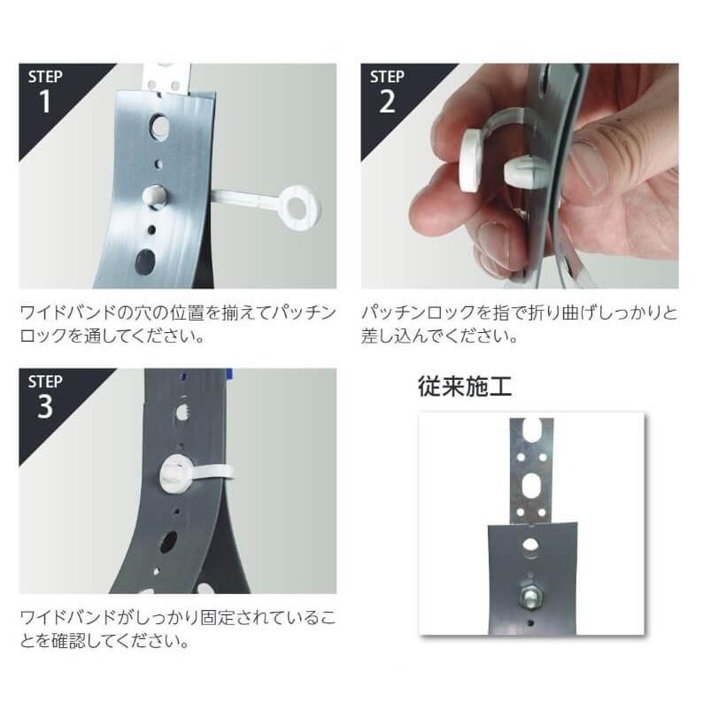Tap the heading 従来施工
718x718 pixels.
(x=465, y=386)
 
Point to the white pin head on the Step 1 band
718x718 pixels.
(x=156, y=196)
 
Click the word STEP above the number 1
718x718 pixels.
(x=45, y=76)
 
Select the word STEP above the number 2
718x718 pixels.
(x=387, y=76)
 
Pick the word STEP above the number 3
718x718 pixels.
(x=45, y=382)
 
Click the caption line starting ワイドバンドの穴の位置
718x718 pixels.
(x=178, y=313)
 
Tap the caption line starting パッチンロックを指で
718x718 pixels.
(x=520, y=313)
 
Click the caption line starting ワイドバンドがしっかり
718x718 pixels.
(x=178, y=617)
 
